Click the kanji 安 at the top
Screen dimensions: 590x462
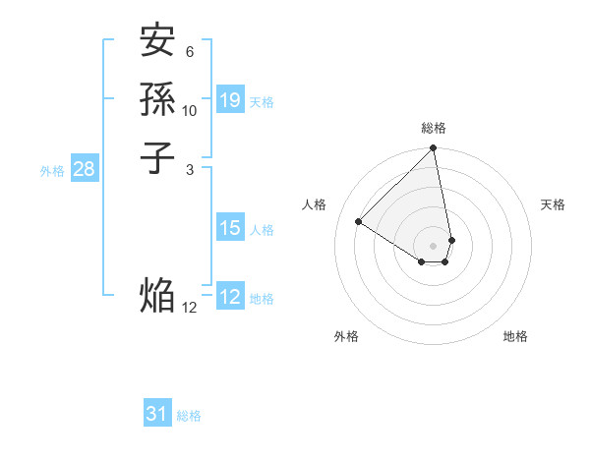(157, 42)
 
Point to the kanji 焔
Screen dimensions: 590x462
(157, 295)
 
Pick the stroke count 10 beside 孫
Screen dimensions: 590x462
(190, 110)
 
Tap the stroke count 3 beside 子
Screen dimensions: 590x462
(190, 168)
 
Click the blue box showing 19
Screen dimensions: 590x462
(230, 100)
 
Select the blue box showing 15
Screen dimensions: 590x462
(230, 228)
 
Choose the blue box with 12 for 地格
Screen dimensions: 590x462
(230, 297)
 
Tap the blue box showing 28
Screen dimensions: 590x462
(85, 169)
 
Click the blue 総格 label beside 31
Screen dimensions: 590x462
(189, 416)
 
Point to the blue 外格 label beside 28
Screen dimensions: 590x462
(52, 171)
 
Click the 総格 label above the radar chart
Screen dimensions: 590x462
(434, 128)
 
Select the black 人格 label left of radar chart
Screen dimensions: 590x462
(315, 204)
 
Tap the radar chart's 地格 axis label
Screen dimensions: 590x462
(515, 336)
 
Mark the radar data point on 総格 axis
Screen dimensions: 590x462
(434, 149)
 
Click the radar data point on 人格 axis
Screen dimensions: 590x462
(359, 221)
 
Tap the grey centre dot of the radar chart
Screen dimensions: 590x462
(434, 245)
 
